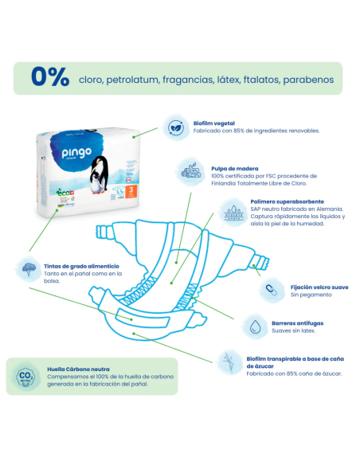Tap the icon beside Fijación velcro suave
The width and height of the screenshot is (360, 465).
coord(269,289)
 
